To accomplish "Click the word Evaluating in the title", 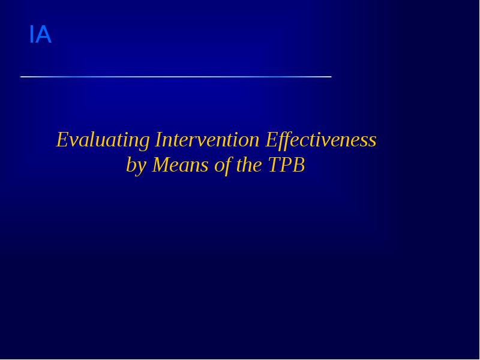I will (103, 140).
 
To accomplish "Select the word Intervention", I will (207, 140).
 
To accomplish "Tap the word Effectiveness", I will (321, 140).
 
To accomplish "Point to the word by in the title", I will (136, 166).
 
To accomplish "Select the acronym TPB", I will (286, 164).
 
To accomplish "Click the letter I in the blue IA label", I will (31, 35).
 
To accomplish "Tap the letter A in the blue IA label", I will (43, 35).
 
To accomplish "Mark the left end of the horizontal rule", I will (22, 77).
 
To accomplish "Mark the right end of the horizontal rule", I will (330, 77).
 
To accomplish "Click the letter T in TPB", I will (273, 164).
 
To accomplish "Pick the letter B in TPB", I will (298, 164).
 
